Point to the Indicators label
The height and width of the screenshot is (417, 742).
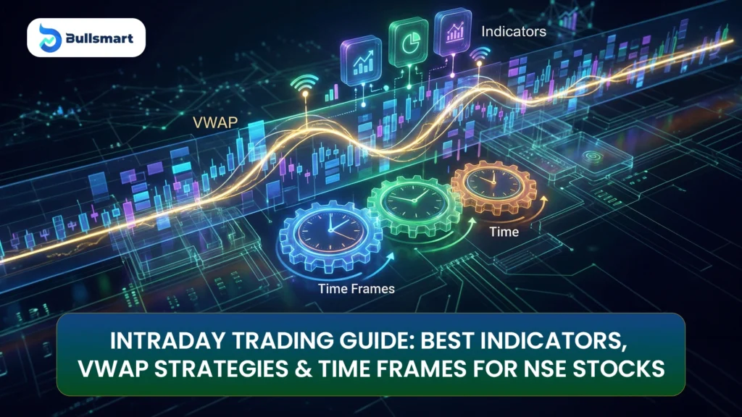pos(513,32)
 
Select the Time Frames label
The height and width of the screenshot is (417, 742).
pos(356,289)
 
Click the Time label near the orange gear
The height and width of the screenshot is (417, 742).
pos(504,232)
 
